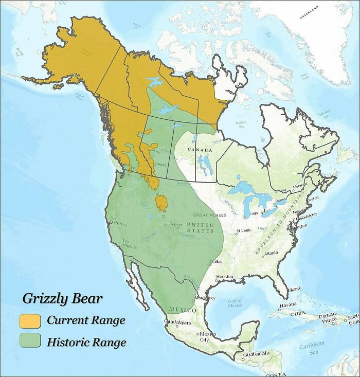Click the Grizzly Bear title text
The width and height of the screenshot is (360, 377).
62,299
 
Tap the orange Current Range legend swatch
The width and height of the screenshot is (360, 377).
30,320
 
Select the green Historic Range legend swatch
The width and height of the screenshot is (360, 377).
30,342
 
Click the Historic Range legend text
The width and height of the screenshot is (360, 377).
86,342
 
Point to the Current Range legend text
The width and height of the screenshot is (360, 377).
86,320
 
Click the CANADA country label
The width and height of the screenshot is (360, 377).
200,150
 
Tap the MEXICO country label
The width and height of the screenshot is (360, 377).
183,311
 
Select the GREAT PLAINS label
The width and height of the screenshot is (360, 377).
209,215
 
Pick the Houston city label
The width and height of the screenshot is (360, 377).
225,277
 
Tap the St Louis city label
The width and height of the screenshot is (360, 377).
243,230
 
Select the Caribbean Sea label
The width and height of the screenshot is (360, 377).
312,348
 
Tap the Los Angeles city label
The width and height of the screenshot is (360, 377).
129,243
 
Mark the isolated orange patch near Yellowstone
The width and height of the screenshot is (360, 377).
161,203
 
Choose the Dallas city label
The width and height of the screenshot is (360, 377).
216,262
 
